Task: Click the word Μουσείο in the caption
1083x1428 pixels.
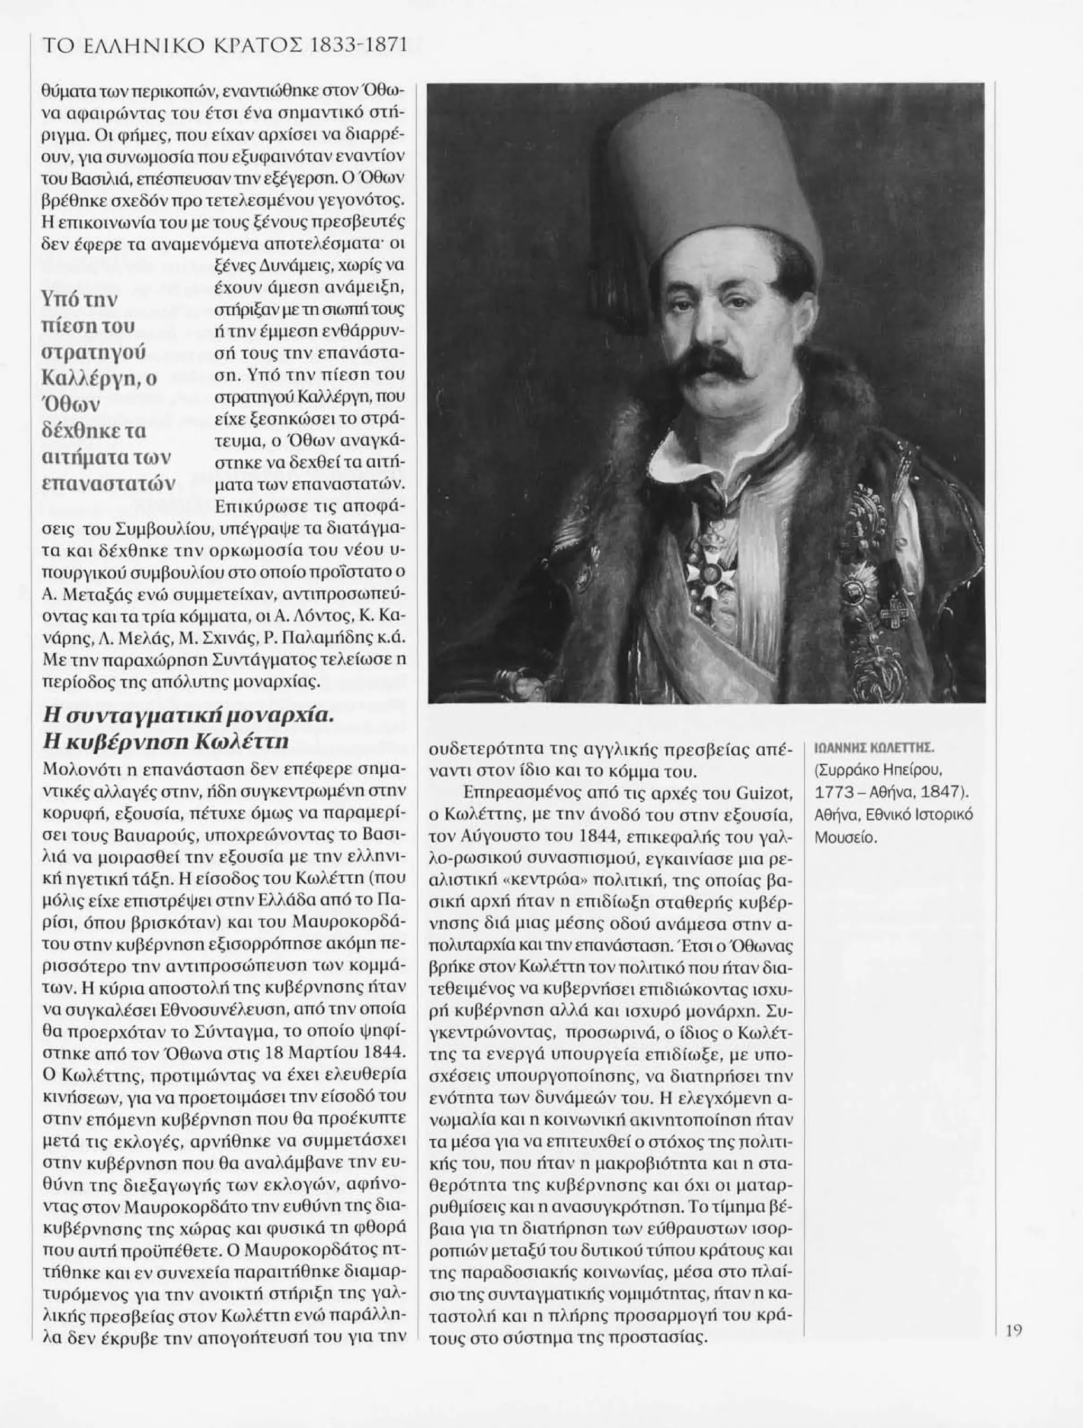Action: coord(846,838)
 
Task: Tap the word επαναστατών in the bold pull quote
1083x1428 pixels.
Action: coord(108,483)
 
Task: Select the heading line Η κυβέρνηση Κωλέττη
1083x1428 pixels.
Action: coord(164,743)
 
